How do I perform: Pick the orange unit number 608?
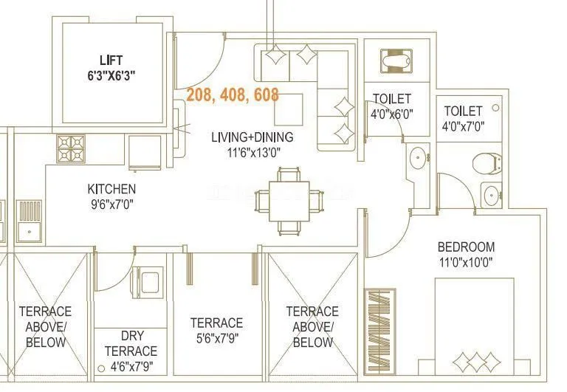click(265, 95)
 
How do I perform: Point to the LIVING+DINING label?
click(252, 137)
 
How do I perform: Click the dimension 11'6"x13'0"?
click(252, 153)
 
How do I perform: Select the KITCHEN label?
click(111, 189)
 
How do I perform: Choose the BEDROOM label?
click(465, 247)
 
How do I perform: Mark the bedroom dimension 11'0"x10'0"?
click(465, 261)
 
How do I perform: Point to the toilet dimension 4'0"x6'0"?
click(391, 114)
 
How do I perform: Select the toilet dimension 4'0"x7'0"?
click(464, 126)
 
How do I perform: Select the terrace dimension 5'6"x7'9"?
click(216, 338)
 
